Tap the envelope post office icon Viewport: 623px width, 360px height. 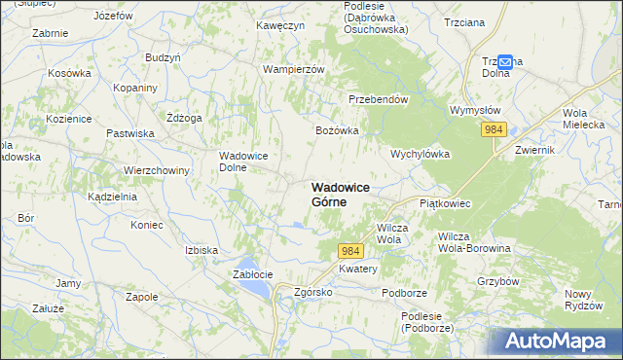coord(505,60)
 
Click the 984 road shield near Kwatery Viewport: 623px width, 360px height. coord(351,251)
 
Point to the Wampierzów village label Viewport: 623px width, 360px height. coord(293,69)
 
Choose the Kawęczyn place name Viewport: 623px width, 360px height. coord(280,24)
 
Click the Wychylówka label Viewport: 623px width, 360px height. coord(419,154)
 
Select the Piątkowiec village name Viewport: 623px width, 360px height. coord(445,203)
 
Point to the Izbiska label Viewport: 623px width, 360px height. coord(202,249)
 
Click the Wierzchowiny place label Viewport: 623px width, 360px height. coord(156,169)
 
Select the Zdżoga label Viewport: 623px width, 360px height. coord(184,118)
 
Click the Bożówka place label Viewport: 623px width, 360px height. coord(338,129)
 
